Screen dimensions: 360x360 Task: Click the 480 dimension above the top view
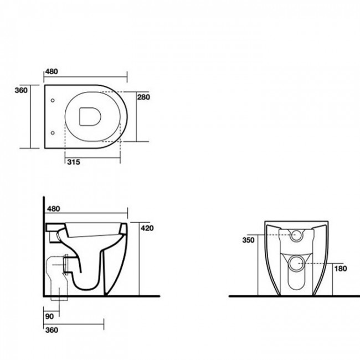pos(52,71)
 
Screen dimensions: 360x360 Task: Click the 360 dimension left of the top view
pos(21,90)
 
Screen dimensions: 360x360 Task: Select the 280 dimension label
pos(143,97)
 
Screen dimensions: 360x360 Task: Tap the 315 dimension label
pos(74,162)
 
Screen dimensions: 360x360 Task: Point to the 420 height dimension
pos(147,228)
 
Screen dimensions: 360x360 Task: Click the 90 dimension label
pos(49,316)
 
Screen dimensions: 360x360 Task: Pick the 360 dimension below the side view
pos(52,330)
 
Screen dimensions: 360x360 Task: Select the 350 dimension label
pos(249,240)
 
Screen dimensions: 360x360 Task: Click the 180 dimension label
pos(341,269)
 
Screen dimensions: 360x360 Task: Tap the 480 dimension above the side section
pos(53,209)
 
